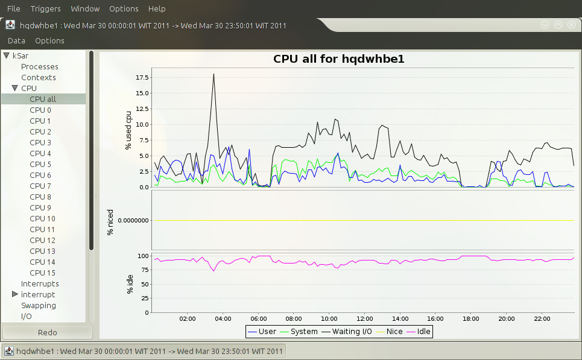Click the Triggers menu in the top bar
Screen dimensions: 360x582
click(45, 9)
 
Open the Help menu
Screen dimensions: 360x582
click(157, 9)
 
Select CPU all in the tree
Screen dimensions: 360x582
click(43, 99)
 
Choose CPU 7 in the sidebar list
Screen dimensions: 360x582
click(40, 186)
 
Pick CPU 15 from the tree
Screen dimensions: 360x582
click(42, 273)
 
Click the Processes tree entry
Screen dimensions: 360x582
click(40, 67)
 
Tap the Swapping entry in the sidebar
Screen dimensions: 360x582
click(39, 306)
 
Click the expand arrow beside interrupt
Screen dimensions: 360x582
click(15, 295)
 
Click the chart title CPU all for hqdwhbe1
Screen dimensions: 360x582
click(338, 59)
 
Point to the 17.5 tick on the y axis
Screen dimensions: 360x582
click(143, 78)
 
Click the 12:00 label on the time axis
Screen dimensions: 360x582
click(365, 318)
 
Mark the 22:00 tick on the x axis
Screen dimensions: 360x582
click(542, 318)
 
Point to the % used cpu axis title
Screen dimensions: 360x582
click(128, 130)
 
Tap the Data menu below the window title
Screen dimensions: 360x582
click(16, 41)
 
